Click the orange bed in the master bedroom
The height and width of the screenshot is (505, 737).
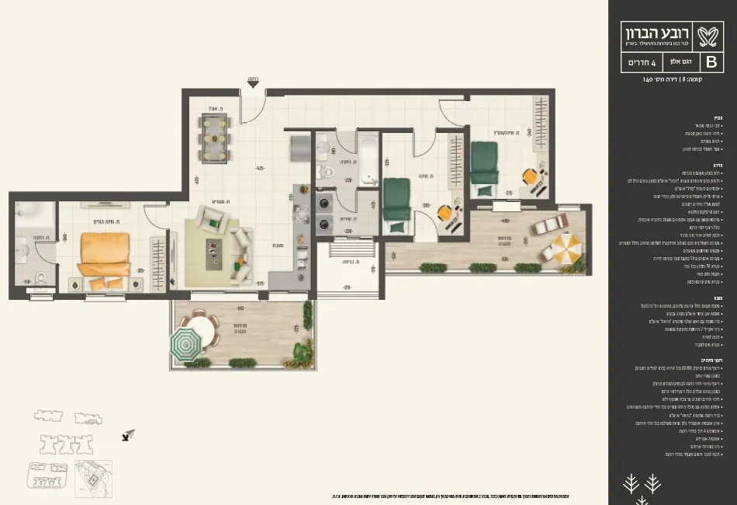pos(104,254)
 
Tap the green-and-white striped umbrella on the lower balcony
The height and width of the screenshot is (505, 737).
pos(185,343)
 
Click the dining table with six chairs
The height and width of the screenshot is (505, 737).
pos(215,138)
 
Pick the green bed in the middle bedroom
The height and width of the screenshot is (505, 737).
pos(397,204)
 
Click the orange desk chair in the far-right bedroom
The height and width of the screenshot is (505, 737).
pos(531,176)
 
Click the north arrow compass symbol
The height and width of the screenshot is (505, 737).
pos(127,437)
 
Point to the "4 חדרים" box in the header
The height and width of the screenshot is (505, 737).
pos(641,61)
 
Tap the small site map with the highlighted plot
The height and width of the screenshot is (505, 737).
pos(93,478)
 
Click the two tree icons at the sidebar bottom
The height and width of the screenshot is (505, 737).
pos(642,483)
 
